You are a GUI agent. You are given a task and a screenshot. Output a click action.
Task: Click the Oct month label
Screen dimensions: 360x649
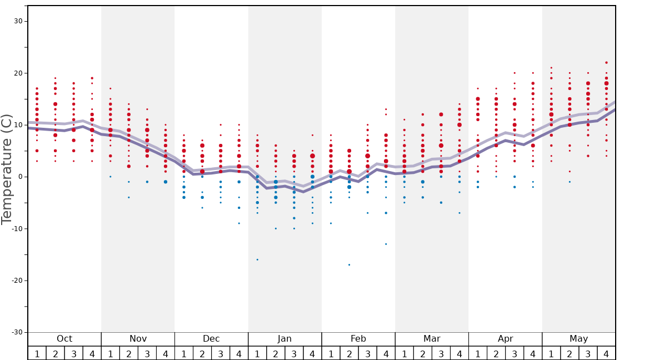click(x=64, y=339)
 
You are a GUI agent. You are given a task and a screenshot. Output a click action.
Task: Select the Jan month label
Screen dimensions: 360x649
click(x=284, y=339)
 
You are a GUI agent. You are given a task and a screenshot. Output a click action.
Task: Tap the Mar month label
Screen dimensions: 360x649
click(x=432, y=339)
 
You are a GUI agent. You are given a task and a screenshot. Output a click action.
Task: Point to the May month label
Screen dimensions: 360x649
click(x=578, y=339)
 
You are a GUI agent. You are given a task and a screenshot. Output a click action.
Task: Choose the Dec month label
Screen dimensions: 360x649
click(x=211, y=339)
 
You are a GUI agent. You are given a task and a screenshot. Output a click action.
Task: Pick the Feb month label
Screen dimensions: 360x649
click(x=358, y=339)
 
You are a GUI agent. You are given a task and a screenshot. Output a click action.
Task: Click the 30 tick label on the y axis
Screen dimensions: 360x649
click(x=18, y=21)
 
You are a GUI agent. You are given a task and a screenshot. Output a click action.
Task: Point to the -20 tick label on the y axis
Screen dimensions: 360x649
click(x=17, y=281)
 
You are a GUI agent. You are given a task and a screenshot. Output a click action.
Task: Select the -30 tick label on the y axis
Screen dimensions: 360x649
click(x=17, y=332)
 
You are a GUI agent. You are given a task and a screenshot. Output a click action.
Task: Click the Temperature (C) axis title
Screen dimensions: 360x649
click(x=7, y=169)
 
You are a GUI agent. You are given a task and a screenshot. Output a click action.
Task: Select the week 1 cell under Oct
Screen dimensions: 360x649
click(x=37, y=353)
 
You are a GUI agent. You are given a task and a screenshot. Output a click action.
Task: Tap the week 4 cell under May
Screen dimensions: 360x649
click(x=606, y=353)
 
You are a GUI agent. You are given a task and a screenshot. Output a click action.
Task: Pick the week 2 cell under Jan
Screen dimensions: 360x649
click(x=276, y=353)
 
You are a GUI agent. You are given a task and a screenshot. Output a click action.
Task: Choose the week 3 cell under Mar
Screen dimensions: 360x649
click(x=441, y=353)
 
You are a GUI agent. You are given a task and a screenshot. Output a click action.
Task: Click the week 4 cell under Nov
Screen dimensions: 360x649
click(x=166, y=353)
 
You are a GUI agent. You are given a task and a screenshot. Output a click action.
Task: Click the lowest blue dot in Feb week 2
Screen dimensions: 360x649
click(x=349, y=264)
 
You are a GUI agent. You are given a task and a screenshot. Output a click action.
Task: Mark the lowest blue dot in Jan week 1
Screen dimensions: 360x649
click(x=257, y=259)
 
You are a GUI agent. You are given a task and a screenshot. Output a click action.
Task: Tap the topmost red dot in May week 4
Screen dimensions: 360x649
click(x=606, y=63)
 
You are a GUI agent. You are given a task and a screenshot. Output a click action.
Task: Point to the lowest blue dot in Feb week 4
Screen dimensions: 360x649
click(x=386, y=244)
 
